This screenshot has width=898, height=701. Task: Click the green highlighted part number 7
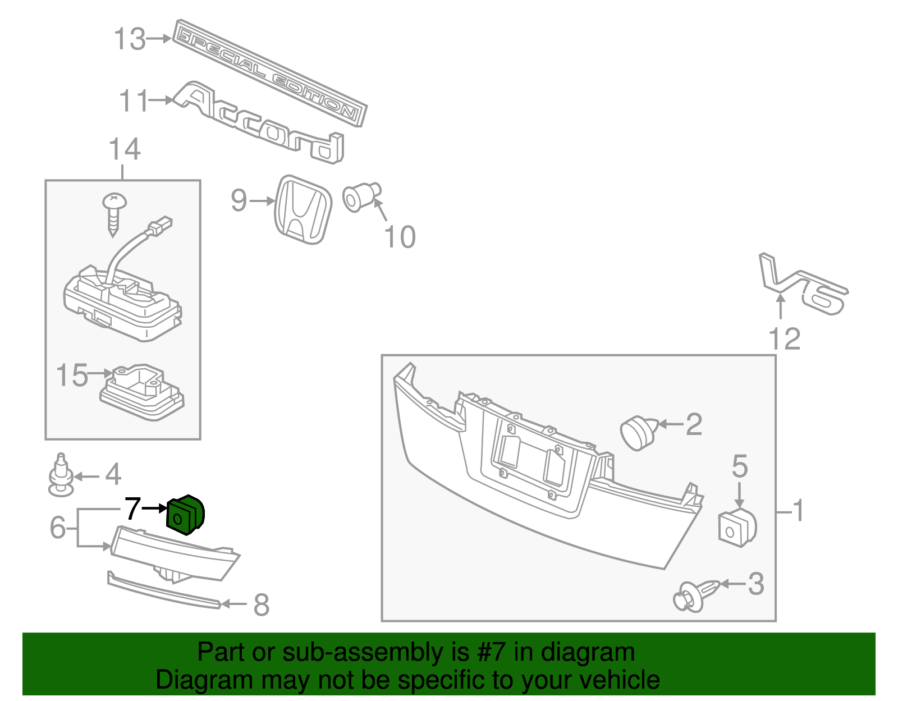click(186, 515)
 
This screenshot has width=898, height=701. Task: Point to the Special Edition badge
click(269, 73)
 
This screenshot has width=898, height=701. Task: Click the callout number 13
click(130, 39)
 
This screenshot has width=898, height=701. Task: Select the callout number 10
click(400, 237)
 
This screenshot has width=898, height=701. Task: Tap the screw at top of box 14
click(114, 213)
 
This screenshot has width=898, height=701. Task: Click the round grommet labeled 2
click(639, 432)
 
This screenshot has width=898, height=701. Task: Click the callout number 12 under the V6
click(784, 339)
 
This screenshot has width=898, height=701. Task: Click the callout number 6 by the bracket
click(58, 527)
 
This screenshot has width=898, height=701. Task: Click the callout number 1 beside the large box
click(798, 511)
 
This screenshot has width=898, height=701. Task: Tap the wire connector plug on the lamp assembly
click(161, 226)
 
